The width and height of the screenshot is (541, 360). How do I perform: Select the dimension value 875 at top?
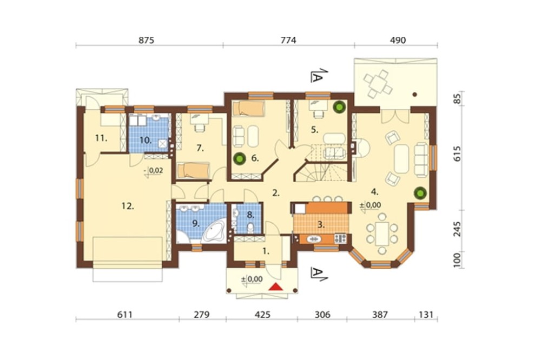(147, 40)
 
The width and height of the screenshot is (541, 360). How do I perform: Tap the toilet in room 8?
(249, 229)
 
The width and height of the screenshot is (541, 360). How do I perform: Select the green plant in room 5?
(339, 108)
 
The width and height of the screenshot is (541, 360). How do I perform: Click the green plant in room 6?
(239, 159)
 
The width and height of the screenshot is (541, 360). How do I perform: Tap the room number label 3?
(320, 224)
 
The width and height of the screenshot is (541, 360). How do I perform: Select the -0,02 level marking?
(154, 171)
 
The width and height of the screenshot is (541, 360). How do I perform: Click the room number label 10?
(145, 140)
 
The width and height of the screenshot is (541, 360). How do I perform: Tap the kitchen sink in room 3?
(313, 238)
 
